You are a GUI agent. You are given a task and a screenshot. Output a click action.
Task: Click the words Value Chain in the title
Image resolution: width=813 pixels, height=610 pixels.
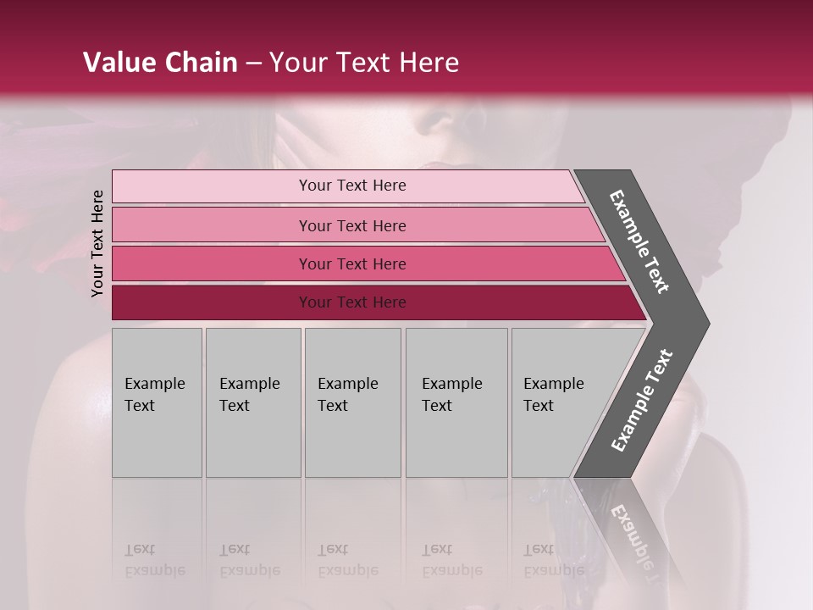click(160, 63)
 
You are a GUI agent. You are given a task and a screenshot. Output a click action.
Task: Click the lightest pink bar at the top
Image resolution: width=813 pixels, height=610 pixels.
click(212, 186)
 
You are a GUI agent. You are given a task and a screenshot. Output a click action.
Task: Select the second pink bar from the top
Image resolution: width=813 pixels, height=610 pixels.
click(212, 225)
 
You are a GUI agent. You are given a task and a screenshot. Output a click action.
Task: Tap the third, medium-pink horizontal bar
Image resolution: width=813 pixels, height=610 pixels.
click(212, 263)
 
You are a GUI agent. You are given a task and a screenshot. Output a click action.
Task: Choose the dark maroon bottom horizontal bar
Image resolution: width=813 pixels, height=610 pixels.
click(212, 302)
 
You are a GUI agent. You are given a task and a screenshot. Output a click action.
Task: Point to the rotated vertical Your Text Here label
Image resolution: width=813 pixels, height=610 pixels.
click(97, 244)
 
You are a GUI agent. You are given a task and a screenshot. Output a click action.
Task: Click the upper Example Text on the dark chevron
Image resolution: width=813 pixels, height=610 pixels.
click(639, 241)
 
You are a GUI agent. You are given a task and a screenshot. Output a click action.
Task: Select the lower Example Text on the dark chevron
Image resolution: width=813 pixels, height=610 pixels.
click(642, 401)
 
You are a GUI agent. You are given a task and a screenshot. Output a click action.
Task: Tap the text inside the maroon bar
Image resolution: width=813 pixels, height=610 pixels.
click(352, 302)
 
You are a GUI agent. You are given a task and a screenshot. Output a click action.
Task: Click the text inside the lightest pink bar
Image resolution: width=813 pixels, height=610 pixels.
click(352, 186)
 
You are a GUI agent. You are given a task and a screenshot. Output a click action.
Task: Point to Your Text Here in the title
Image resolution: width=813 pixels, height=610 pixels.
click(364, 63)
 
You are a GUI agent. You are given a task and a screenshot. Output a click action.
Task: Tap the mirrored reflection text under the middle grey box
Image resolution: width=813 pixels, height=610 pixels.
click(347, 560)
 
